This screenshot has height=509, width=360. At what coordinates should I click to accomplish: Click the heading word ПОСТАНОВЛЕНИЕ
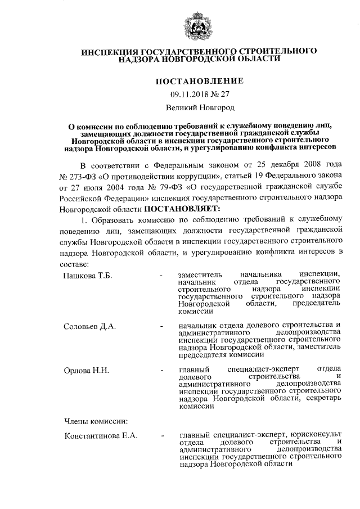200,81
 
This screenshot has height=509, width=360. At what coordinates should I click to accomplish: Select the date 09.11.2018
190,94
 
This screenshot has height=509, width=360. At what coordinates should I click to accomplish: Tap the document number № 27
220,94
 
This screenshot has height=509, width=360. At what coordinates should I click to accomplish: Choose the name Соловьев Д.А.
89,326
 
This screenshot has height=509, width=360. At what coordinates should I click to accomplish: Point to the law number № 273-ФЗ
78,177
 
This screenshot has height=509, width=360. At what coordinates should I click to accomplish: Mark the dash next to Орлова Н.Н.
161,371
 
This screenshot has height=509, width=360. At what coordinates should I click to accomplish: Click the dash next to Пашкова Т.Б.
161,276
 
